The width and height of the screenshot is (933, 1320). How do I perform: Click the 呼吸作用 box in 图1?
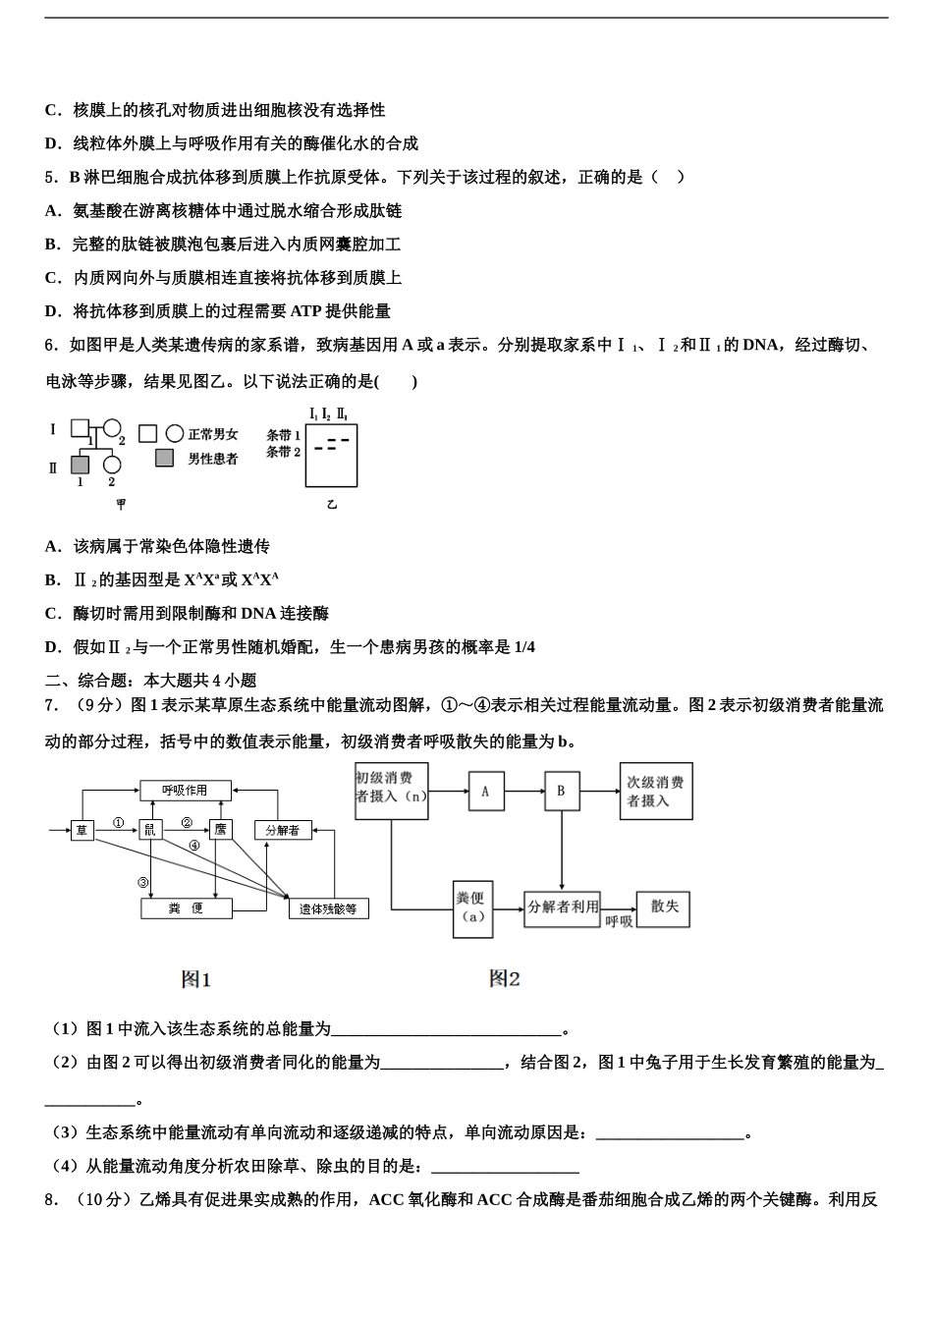(x=186, y=790)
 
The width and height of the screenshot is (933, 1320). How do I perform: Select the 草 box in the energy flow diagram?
(x=82, y=831)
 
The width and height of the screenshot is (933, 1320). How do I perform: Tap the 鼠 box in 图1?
(x=150, y=831)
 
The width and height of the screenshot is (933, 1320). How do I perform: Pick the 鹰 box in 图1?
(x=221, y=831)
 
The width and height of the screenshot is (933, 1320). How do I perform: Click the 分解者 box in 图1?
(x=283, y=831)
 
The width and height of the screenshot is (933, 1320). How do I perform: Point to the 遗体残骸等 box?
(x=328, y=908)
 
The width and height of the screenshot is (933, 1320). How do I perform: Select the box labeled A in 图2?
(x=485, y=791)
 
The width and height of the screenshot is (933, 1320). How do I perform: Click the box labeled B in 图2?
(x=562, y=791)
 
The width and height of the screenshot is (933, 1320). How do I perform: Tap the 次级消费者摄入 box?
(x=655, y=791)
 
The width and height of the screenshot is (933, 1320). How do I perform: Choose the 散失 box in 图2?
(x=664, y=908)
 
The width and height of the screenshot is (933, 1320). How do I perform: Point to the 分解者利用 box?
(x=563, y=908)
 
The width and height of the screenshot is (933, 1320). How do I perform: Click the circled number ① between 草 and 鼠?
(x=118, y=823)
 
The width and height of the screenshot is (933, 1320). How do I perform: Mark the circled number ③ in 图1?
(x=143, y=882)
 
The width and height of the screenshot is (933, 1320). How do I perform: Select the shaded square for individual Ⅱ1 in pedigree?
(x=80, y=464)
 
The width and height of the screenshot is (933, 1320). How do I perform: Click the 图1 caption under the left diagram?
(x=196, y=979)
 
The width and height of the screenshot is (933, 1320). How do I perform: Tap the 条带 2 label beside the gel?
(x=283, y=453)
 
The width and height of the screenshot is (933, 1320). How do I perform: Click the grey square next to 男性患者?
(x=165, y=458)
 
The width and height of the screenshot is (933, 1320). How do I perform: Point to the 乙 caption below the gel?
(x=332, y=504)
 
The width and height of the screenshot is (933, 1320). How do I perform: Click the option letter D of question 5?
(x=52, y=311)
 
